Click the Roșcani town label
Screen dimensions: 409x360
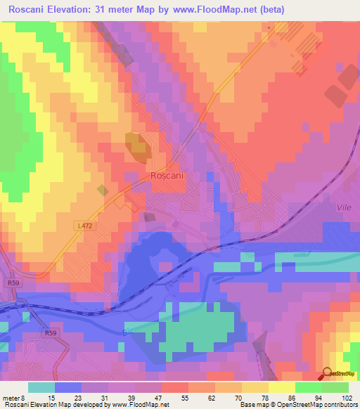pos(167,176)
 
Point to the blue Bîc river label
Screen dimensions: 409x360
pos(127,330)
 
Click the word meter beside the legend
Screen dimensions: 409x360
pos(12,397)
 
